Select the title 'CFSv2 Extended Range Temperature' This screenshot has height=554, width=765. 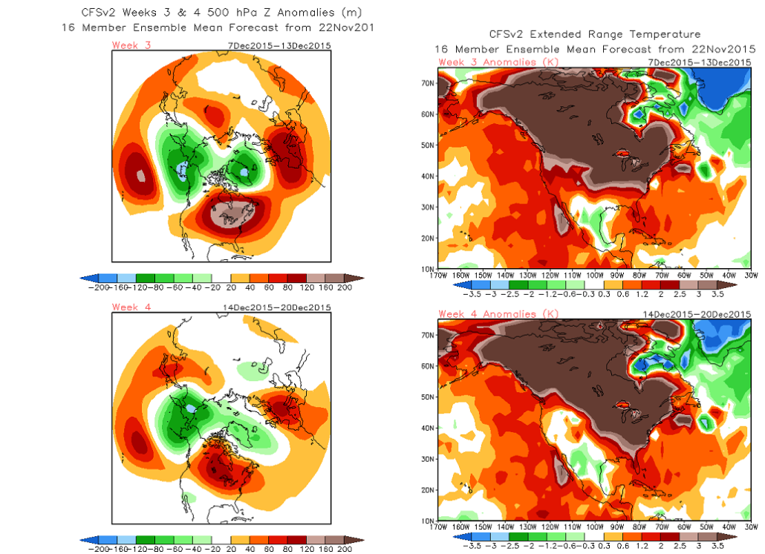pos(594,34)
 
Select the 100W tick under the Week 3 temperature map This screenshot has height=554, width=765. pos(595,274)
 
